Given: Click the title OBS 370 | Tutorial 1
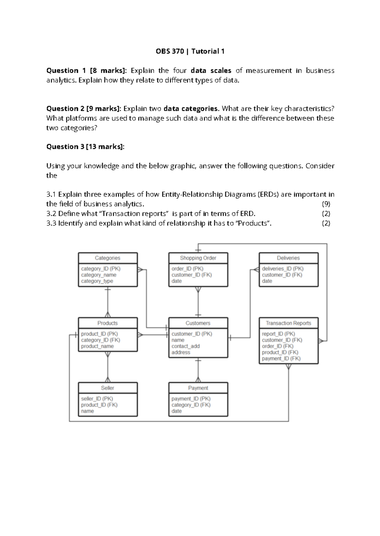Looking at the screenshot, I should (x=190, y=51).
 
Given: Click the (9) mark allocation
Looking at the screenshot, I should (x=326, y=204).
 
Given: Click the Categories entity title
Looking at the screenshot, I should (x=107, y=258).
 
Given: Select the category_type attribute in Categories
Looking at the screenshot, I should (x=97, y=281).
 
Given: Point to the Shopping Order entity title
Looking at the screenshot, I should (x=198, y=258).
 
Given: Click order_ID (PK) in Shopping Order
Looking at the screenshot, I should (x=187, y=269).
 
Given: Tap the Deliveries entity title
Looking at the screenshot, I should (x=288, y=258).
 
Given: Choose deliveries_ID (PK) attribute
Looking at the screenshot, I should (x=282, y=269).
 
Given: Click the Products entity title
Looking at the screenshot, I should (x=107, y=323).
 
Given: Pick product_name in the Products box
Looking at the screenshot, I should (x=97, y=346).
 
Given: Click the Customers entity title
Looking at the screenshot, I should (x=198, y=323).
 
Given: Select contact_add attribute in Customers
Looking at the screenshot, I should (x=186, y=346).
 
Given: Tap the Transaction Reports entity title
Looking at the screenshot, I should (x=288, y=323).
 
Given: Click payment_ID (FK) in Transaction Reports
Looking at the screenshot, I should (x=281, y=358).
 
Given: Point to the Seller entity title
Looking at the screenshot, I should (x=107, y=388).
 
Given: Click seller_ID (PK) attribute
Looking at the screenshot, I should (x=97, y=399).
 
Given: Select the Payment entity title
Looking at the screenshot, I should (x=198, y=388).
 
